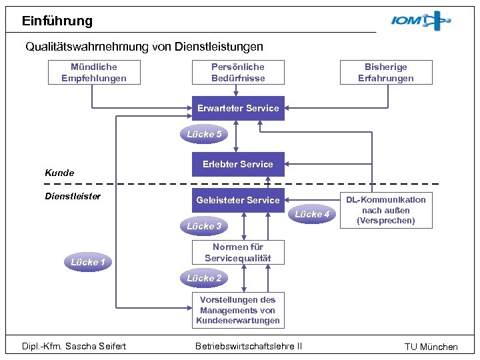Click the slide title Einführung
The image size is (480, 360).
[57, 21]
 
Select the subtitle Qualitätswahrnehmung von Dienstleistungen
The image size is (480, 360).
[144, 47]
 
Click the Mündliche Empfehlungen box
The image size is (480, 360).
[93, 72]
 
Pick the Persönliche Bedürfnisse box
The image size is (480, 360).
[238, 72]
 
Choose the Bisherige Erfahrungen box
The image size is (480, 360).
[386, 72]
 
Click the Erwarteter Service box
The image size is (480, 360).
[238, 108]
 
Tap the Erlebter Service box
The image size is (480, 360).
[238, 164]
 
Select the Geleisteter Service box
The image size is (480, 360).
[238, 200]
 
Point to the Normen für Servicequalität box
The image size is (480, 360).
[238, 252]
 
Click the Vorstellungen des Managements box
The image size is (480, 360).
[238, 310]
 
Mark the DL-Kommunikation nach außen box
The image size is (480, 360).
[386, 210]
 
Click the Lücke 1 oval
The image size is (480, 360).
[88, 262]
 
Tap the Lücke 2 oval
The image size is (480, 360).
[204, 278]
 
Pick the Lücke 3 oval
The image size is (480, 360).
[204, 226]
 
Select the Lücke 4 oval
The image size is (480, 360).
[312, 214]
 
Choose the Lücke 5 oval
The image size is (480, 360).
[204, 134]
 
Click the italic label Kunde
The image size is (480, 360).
[59, 173]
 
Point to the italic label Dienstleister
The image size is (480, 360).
[73, 196]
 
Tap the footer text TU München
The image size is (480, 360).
[431, 347]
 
